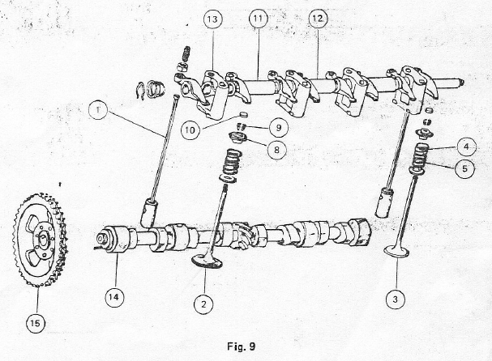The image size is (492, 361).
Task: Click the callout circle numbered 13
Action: [x=212, y=19]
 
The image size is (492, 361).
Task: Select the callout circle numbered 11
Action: [x=259, y=19]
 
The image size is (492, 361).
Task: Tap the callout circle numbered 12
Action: [x=317, y=18]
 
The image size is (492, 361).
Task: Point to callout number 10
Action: [x=190, y=130]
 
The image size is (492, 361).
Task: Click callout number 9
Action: [x=278, y=128]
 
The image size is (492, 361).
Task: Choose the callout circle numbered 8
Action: [x=276, y=150]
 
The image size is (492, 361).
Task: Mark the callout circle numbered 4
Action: [x=466, y=147]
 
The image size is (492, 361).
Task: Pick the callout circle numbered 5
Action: [x=464, y=168]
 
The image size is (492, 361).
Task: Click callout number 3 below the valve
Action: [x=395, y=299]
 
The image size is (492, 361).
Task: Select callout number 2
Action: [x=203, y=304]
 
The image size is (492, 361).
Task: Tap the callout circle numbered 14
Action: [x=114, y=297]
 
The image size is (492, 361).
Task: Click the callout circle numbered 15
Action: [x=36, y=323]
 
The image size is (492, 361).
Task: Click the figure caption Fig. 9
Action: [x=242, y=346]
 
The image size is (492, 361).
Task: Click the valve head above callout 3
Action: [x=397, y=252]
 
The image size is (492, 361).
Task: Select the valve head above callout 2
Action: [x=207, y=261]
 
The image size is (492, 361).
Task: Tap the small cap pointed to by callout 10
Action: [x=243, y=114]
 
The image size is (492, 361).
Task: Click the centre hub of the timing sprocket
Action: [x=42, y=239]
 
